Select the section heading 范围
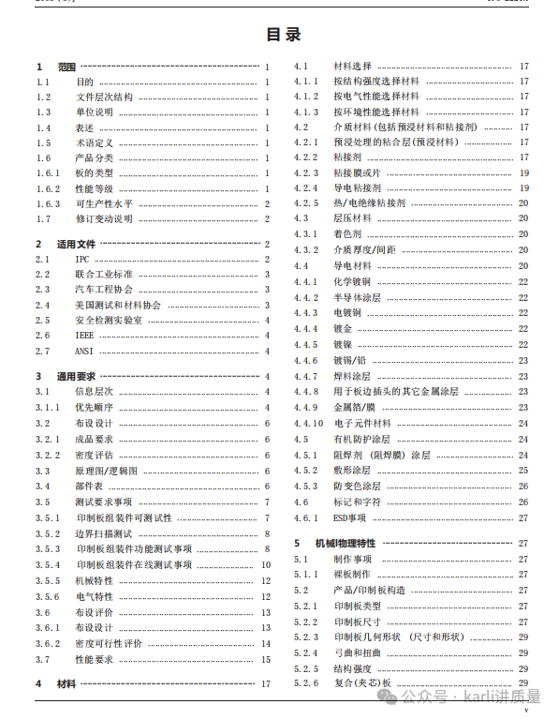(x=66, y=67)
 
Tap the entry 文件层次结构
(x=104, y=97)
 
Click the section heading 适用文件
(x=77, y=244)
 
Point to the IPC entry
(x=84, y=259)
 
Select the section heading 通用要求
(x=77, y=376)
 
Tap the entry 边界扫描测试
(x=104, y=533)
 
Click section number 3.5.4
(x=49, y=564)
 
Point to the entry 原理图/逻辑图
(x=107, y=471)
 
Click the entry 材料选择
(x=353, y=67)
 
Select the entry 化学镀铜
(x=352, y=282)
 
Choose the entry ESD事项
(x=350, y=517)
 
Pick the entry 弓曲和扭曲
(x=357, y=652)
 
